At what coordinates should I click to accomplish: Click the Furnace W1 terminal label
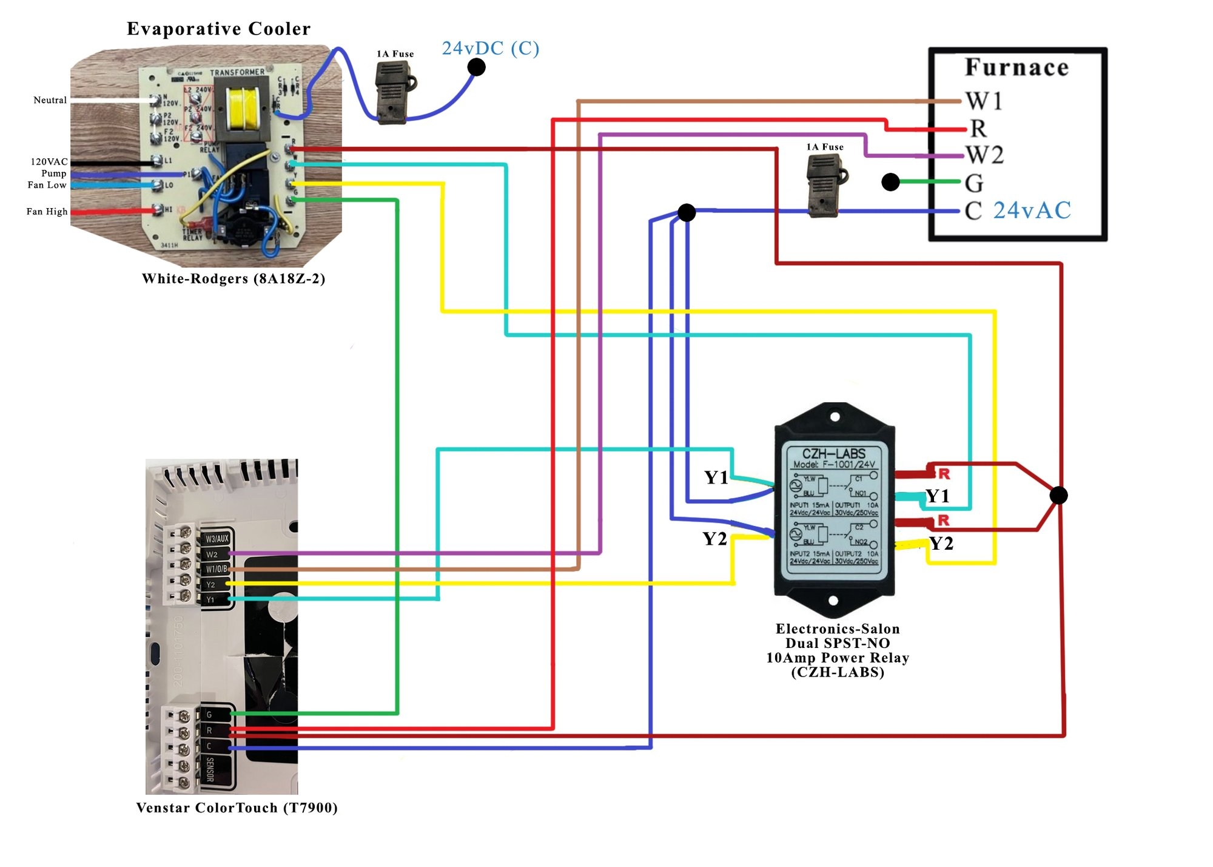[983, 101]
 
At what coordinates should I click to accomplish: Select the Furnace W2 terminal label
[984, 155]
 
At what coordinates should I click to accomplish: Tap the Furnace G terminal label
[974, 183]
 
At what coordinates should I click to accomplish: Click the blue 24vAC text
[1032, 211]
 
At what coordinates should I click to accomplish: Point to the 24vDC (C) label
[490, 48]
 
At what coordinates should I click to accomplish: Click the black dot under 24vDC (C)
[477, 67]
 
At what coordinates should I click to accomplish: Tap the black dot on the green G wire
[890, 181]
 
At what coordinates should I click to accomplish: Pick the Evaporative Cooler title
[218, 29]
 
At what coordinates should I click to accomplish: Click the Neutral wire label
[50, 100]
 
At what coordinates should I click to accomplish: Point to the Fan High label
[47, 211]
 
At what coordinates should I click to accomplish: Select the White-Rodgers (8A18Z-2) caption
[234, 278]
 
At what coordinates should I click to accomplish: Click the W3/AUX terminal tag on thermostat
[217, 538]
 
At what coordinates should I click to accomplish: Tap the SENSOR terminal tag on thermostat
[210, 769]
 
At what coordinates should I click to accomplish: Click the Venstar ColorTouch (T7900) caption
[237, 808]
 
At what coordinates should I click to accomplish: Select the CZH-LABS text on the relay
[834, 453]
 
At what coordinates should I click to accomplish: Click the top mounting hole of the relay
[835, 417]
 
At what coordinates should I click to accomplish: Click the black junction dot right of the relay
[1058, 495]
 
